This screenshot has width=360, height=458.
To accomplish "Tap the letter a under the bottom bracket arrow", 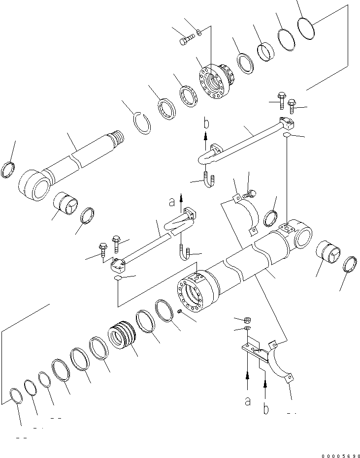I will coord(247,401).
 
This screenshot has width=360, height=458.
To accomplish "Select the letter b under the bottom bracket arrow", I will coord(266,409).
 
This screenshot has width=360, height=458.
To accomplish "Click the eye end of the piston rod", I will coord(34,185).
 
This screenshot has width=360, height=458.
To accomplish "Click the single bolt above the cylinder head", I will coord(186,40).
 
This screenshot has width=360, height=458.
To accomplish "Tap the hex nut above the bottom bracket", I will coord(247,320).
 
